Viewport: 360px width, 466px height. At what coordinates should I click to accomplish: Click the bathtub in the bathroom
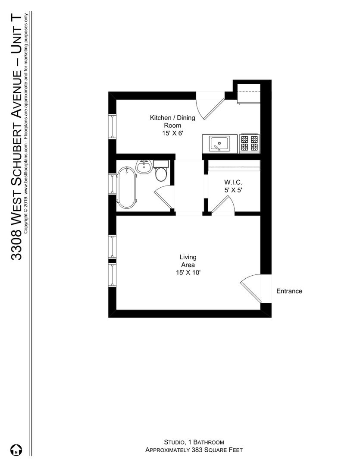pyautogui.click(x=127, y=187)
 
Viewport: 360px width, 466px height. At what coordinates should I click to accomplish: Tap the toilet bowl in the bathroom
pyautogui.click(x=161, y=174)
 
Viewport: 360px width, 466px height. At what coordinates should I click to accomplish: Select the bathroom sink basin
pyautogui.click(x=144, y=167)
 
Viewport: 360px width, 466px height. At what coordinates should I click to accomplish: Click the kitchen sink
pyautogui.click(x=219, y=144)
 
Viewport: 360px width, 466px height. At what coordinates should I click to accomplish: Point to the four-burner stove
pyautogui.click(x=250, y=143)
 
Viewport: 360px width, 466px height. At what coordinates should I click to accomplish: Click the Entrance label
pyautogui.click(x=289, y=291)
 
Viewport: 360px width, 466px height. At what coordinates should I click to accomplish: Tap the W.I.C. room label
pyautogui.click(x=233, y=182)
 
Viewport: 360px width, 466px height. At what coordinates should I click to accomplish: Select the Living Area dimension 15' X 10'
pyautogui.click(x=188, y=273)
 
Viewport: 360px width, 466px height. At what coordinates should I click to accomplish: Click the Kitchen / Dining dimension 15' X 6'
pyautogui.click(x=172, y=133)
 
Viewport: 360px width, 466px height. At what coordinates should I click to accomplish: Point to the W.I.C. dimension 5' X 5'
pyautogui.click(x=233, y=190)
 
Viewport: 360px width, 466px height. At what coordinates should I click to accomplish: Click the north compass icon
pyautogui.click(x=16, y=450)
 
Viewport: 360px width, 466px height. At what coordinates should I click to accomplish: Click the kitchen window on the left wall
pyautogui.click(x=112, y=126)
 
